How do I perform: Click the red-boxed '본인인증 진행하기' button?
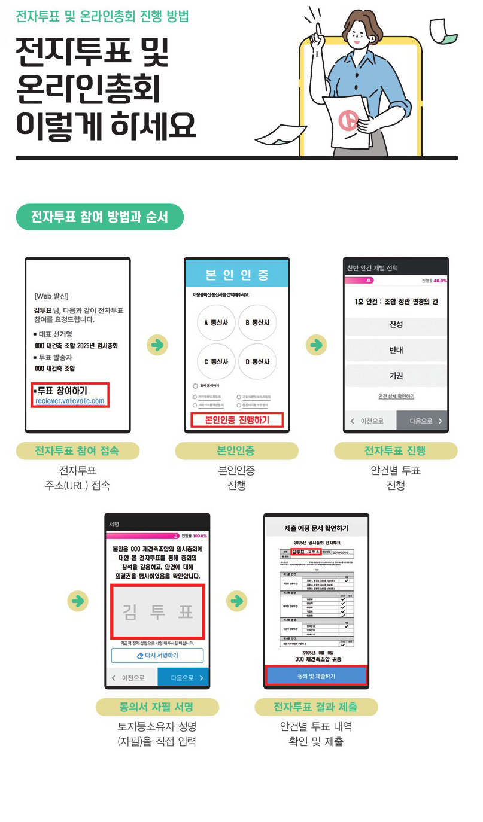coord(236,420)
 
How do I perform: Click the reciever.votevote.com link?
coord(69,401)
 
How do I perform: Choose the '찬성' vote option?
coord(396,324)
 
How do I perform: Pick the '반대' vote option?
coord(396,350)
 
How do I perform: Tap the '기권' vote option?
coord(396,376)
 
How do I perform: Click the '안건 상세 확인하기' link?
coord(396,396)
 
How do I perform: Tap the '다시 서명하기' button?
coord(157,655)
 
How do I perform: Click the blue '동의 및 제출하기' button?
coord(316,675)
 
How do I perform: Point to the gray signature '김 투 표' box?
coord(157,612)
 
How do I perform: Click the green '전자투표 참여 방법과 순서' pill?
coord(99,217)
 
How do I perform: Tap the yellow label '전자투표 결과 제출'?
coord(315,707)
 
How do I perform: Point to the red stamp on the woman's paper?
coord(348,121)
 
